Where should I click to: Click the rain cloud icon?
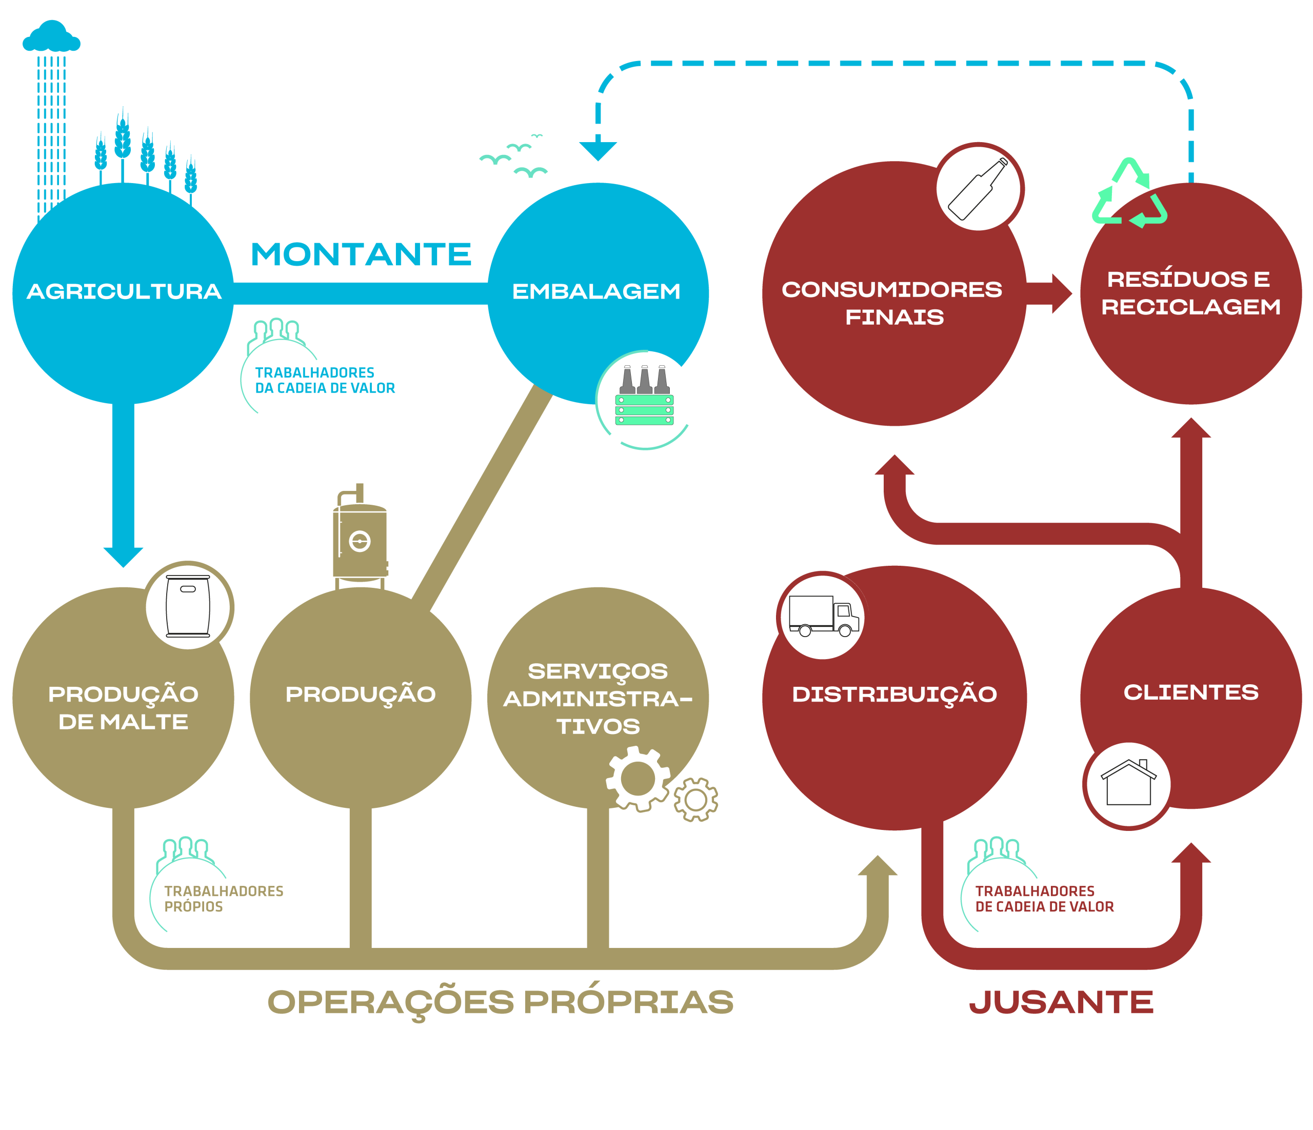tap(51, 37)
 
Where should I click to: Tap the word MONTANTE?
tap(361, 255)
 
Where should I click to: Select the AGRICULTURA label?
tap(124, 291)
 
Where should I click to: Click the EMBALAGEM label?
tap(596, 291)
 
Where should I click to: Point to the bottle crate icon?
tap(645, 398)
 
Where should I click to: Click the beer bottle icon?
tap(978, 188)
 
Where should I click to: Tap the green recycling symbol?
tap(1128, 194)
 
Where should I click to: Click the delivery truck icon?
tap(823, 616)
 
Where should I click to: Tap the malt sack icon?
tap(188, 605)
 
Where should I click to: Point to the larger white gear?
tap(638, 778)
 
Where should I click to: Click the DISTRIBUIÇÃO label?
tap(894, 695)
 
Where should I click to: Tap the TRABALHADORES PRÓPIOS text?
tap(223, 899)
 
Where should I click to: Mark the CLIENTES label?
tap(1191, 692)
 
